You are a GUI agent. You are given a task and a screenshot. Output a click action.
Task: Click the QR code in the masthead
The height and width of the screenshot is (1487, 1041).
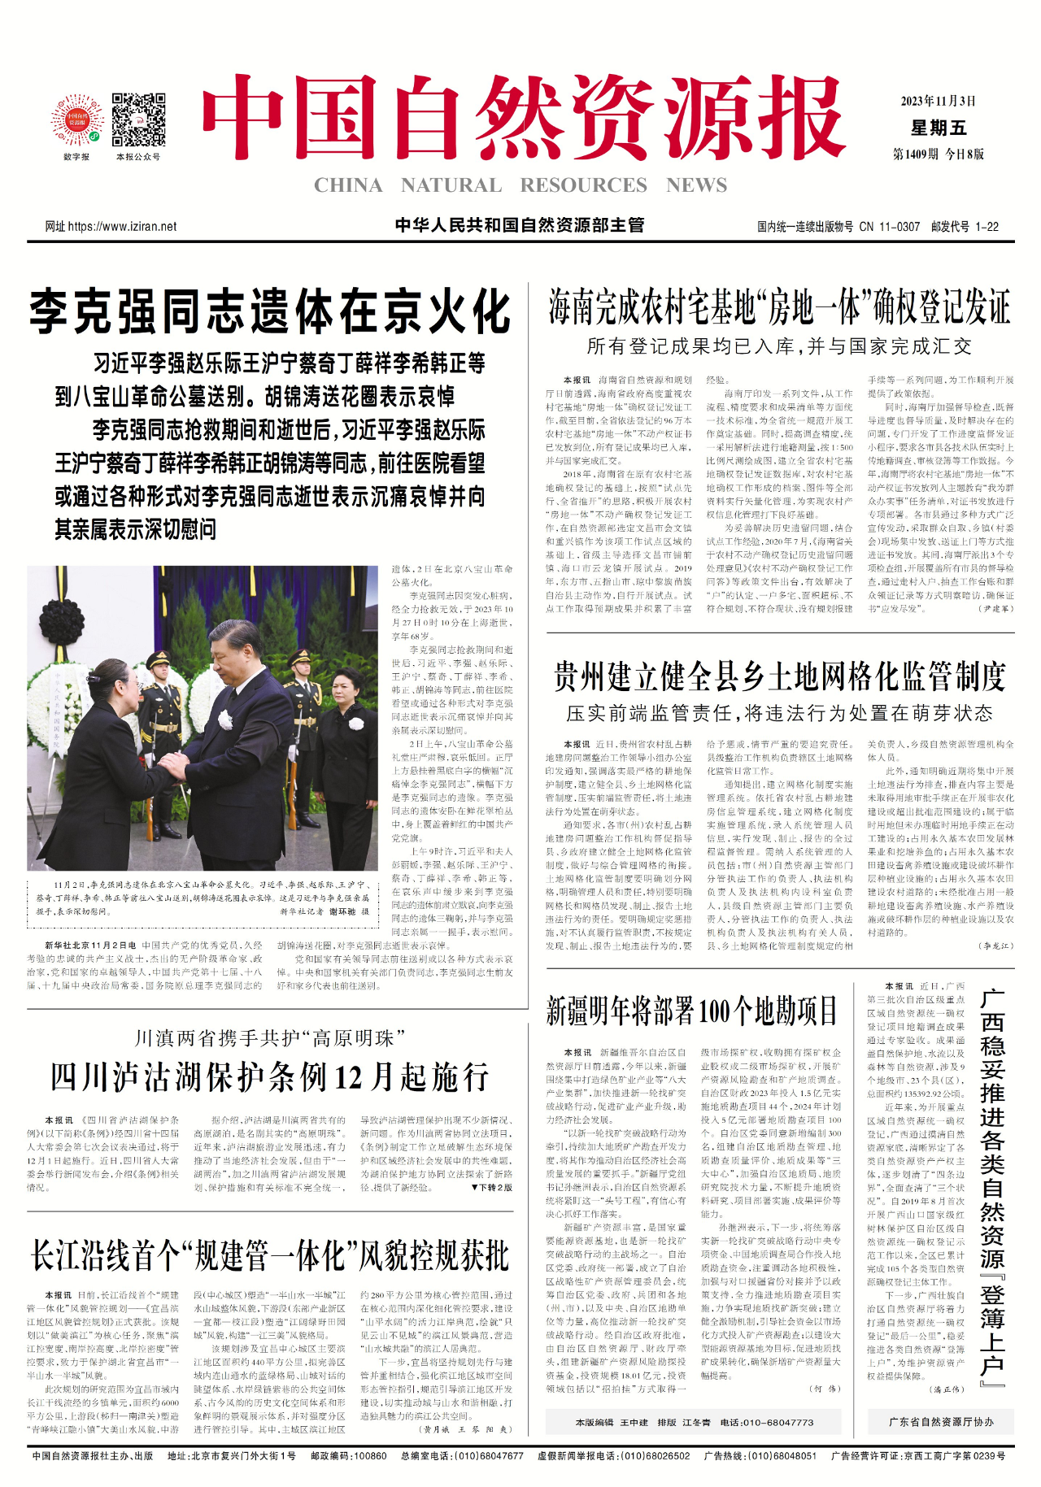[x=138, y=120]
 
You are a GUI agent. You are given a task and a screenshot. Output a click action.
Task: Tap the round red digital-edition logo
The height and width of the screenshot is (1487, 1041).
[x=76, y=120]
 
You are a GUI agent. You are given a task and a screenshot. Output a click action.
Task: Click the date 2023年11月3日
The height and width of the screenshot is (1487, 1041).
[x=938, y=102]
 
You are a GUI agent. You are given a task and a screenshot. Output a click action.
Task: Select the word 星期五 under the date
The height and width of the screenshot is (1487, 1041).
[x=939, y=128]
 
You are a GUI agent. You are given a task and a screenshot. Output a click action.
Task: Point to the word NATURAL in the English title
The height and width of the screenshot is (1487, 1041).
[x=451, y=185]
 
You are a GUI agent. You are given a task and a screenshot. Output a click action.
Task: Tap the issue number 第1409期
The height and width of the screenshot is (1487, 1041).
[x=916, y=154]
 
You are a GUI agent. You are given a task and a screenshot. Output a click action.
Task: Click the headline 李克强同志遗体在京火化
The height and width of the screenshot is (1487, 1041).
[x=270, y=311]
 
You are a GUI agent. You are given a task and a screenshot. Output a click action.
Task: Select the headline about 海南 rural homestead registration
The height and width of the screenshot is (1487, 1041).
[x=779, y=307]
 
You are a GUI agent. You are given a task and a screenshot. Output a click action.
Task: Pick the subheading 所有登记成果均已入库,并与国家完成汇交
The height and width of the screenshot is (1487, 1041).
[x=779, y=347]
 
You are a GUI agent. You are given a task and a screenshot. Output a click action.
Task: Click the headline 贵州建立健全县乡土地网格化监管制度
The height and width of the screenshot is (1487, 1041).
[x=779, y=676]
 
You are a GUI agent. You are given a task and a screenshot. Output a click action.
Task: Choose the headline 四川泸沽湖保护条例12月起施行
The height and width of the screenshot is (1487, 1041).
[x=270, y=1077]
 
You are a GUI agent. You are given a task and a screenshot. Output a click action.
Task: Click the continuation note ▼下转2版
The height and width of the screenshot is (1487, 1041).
[x=491, y=1188]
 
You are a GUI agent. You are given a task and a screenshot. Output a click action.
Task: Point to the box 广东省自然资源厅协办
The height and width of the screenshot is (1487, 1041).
[x=941, y=1422]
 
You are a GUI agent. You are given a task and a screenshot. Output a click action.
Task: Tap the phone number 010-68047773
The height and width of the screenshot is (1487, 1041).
[x=778, y=1423]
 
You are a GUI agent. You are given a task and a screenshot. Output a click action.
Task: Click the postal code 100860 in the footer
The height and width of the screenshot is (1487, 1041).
[x=370, y=1456]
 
